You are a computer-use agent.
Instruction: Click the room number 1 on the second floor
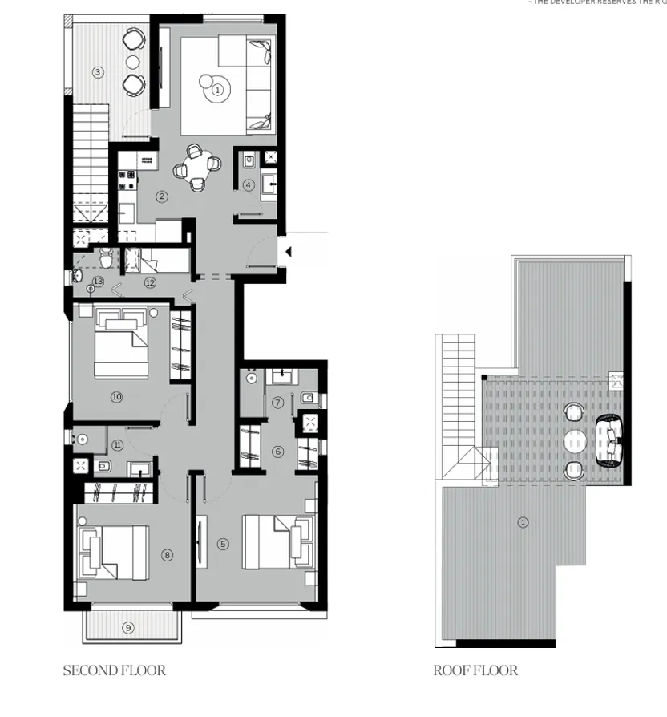[217, 90]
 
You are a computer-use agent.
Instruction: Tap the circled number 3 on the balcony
[98, 72]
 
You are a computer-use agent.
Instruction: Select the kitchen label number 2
[162, 196]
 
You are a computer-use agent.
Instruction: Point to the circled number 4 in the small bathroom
[249, 185]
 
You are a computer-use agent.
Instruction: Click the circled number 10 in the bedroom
[116, 396]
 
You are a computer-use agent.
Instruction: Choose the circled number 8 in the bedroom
[167, 554]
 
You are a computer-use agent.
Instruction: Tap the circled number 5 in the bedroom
[223, 544]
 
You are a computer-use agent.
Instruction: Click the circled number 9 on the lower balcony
[127, 628]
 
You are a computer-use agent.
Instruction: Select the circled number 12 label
[150, 282]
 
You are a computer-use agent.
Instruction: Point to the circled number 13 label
[98, 282]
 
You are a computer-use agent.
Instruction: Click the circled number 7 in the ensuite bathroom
[278, 403]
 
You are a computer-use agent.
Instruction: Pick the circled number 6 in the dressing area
[278, 452]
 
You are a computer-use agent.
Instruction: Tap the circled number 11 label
[117, 445]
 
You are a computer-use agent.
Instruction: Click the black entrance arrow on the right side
[288, 252]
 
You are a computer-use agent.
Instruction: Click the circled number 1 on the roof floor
[523, 522]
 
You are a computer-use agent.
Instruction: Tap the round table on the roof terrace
[576, 441]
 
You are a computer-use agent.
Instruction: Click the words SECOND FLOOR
[114, 670]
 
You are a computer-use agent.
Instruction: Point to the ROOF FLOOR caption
[475, 670]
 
